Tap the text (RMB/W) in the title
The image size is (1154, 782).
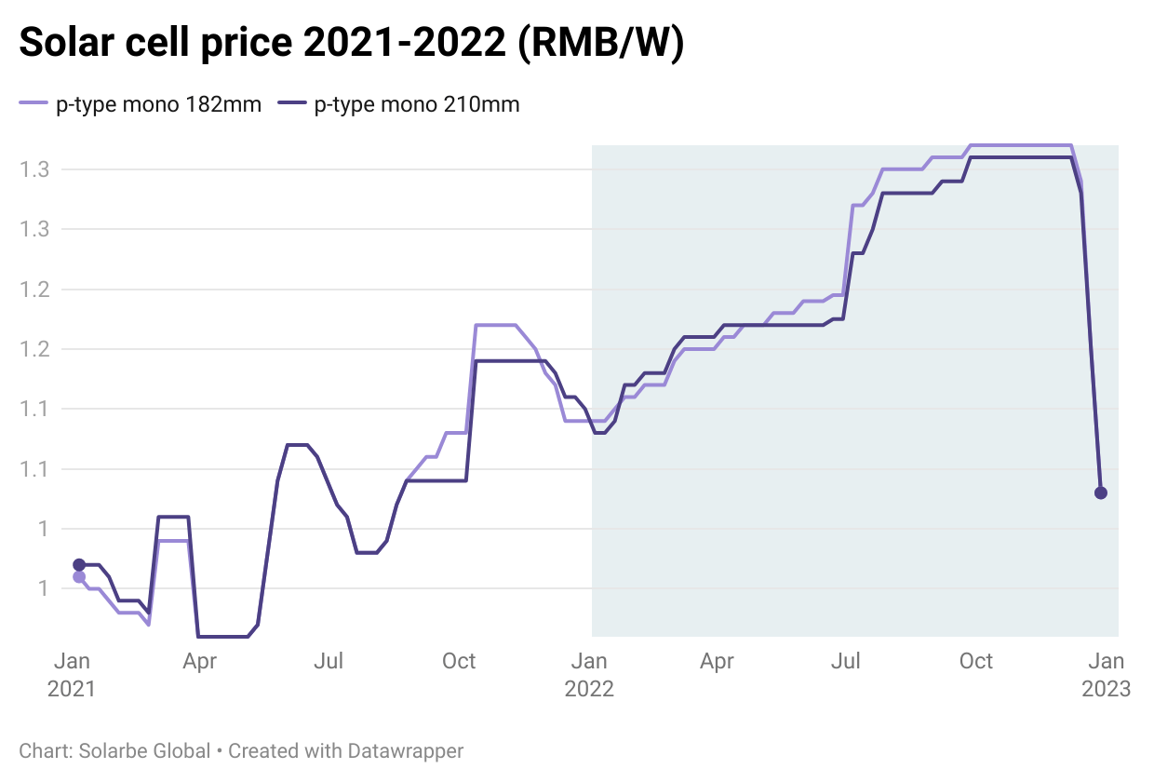[x=601, y=44]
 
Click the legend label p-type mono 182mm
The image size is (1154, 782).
[x=158, y=105]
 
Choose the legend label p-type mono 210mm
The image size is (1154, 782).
[x=417, y=105]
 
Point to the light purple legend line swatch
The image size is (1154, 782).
[x=34, y=105]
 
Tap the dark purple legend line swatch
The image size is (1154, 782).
[x=293, y=105]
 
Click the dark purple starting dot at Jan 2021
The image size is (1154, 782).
[x=79, y=565]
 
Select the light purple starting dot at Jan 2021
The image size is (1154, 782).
[x=79, y=577]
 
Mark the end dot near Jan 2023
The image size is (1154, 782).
[x=1101, y=492]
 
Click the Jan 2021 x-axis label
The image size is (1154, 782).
[x=72, y=675]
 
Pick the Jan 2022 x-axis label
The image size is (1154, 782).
[x=588, y=675]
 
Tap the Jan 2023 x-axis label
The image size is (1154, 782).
[x=1106, y=675]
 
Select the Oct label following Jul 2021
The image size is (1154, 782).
[x=459, y=662]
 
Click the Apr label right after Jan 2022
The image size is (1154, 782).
[x=717, y=662]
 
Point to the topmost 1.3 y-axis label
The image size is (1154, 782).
[x=34, y=169]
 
